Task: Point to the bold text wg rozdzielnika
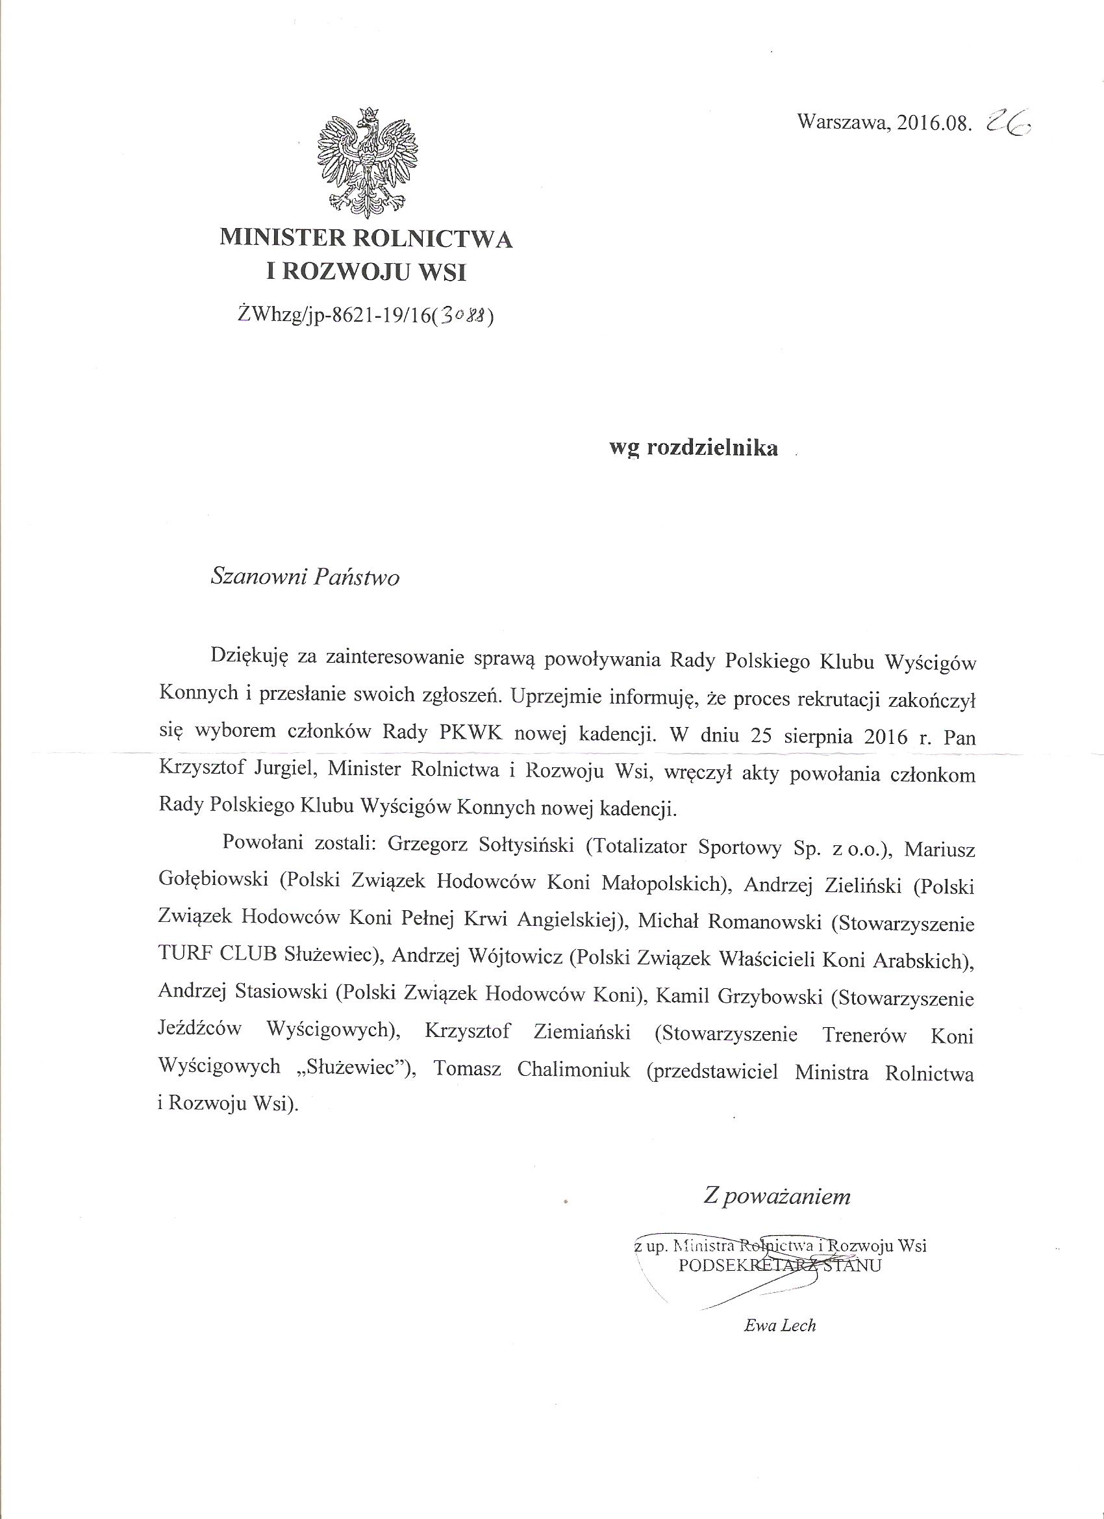[x=693, y=448]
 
